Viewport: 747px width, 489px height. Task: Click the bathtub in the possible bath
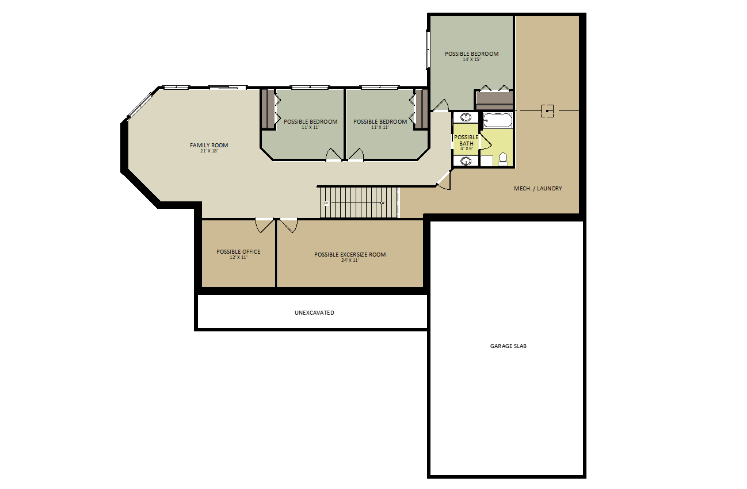[x=497, y=120]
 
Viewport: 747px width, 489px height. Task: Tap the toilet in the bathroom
[x=502, y=159]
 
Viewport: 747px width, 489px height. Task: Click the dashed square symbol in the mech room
[x=547, y=111]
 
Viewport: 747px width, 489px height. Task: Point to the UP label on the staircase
[x=326, y=203]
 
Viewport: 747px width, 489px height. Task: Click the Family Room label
[x=209, y=146]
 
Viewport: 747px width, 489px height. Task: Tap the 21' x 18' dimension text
[x=209, y=151]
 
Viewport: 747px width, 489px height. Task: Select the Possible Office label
[x=238, y=251]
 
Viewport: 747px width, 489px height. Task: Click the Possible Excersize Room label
[x=350, y=255]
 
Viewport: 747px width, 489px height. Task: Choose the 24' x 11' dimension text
[x=350, y=261]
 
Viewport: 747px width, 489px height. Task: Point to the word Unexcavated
[x=314, y=312]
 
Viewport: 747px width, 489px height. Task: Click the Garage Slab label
[x=508, y=346]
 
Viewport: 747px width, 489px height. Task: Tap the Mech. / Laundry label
[x=538, y=188]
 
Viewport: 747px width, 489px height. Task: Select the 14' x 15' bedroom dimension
[x=471, y=60]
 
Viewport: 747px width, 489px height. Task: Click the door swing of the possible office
[x=264, y=226]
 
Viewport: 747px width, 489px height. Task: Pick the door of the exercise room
[x=289, y=226]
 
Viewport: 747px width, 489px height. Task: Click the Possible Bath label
[x=466, y=140]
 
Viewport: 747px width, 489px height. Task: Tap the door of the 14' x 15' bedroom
[x=441, y=105]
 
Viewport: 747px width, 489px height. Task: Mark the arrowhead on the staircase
[x=383, y=203]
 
